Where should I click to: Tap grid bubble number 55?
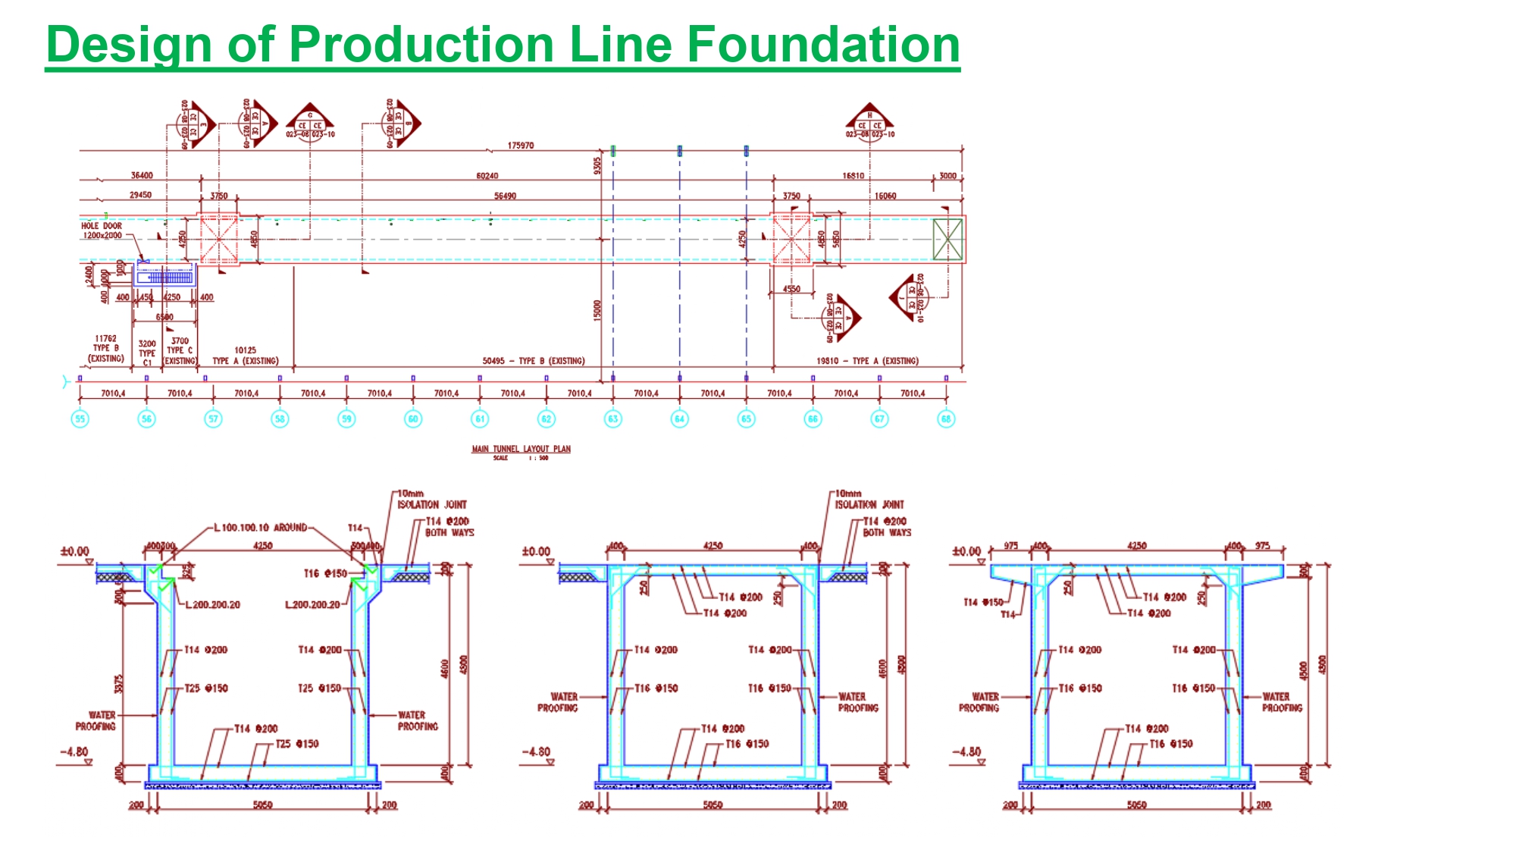tap(80, 419)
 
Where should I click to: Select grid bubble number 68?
tap(946, 419)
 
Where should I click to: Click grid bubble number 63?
tap(613, 419)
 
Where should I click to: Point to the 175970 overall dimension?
tap(521, 146)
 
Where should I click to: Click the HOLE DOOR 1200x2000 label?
tap(102, 230)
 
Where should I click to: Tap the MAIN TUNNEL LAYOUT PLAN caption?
tap(521, 449)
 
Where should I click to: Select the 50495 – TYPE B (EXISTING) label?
tap(534, 361)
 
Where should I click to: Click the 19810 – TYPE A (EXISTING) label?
tap(867, 361)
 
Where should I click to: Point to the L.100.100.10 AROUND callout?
tap(260, 527)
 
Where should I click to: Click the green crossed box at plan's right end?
tap(947, 239)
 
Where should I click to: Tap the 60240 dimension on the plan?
tap(487, 176)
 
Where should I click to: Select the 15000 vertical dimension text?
tap(597, 310)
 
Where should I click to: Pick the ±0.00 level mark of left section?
tap(75, 551)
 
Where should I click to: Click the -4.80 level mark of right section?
tap(966, 752)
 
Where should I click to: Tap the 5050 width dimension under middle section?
tap(713, 805)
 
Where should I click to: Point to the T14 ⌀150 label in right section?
tap(983, 602)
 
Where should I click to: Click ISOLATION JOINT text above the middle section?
tap(869, 504)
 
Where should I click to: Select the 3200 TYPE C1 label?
tap(147, 353)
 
